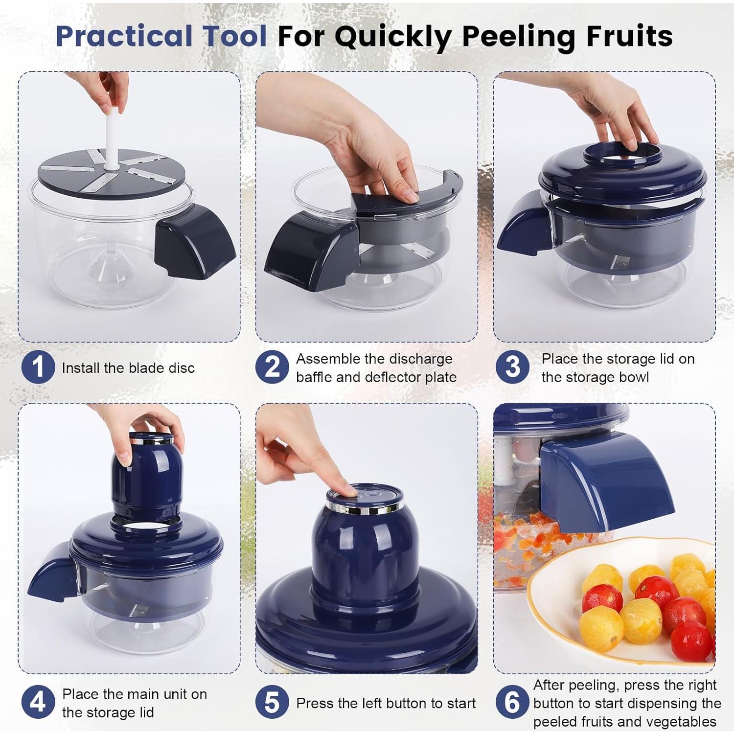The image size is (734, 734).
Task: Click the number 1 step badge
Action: pyautogui.click(x=38, y=367)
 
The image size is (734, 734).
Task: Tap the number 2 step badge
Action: pyautogui.click(x=272, y=367)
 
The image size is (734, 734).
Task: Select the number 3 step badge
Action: pyautogui.click(x=512, y=367)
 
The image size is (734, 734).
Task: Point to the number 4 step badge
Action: pyautogui.click(x=38, y=703)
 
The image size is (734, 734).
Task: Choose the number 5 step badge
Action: pyautogui.click(x=272, y=703)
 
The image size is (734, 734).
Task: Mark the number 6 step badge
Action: pyautogui.click(x=512, y=703)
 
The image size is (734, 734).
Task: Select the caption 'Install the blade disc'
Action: pyautogui.click(x=128, y=368)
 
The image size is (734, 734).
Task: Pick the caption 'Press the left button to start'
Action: pyautogui.click(x=386, y=703)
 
